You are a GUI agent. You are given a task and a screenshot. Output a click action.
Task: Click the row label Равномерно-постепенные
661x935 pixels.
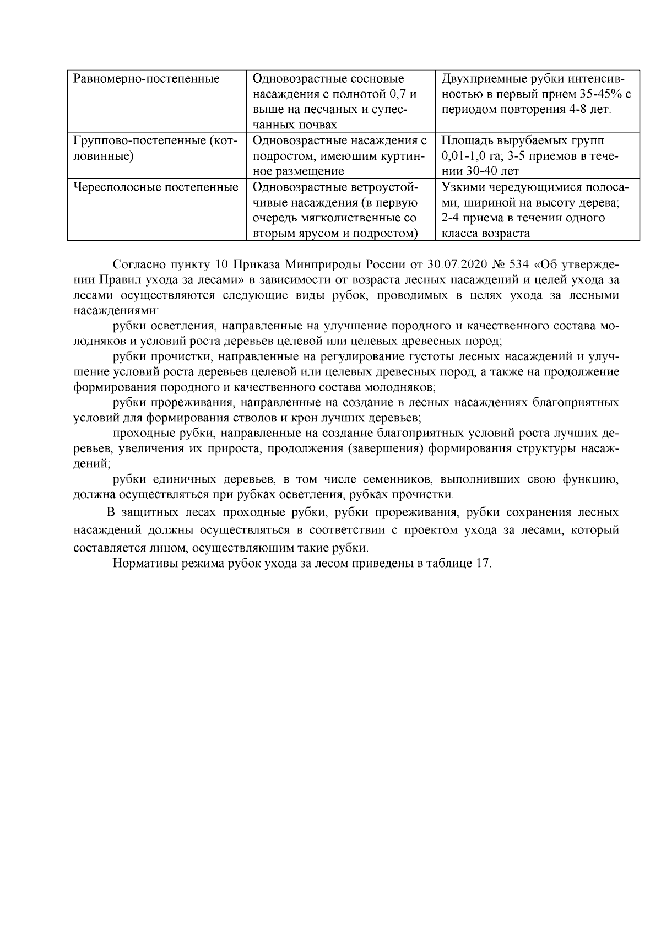(147, 79)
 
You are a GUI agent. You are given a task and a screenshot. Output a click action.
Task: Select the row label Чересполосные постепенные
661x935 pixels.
(156, 187)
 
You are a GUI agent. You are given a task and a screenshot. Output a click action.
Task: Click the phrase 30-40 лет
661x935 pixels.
(492, 171)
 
